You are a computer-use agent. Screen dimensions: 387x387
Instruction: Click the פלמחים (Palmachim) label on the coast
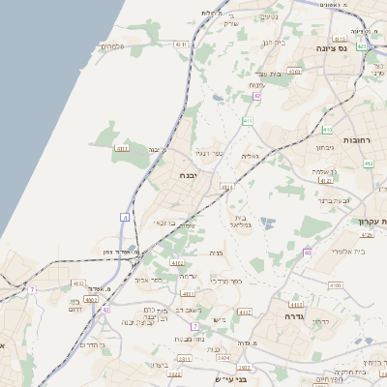(114, 46)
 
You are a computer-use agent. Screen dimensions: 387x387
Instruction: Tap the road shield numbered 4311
(181, 45)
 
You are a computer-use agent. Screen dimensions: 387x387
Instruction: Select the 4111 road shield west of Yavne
(123, 148)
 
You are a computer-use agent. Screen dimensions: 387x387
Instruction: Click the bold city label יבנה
(189, 174)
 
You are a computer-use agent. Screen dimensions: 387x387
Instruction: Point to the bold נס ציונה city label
(332, 46)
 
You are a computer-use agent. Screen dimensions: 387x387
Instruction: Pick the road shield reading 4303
(294, 71)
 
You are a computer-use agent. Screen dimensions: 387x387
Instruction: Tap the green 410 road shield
(249, 121)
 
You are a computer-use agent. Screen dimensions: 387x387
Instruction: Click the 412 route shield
(369, 164)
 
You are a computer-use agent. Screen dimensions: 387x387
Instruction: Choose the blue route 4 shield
(125, 217)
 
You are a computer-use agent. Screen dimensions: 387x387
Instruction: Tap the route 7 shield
(32, 289)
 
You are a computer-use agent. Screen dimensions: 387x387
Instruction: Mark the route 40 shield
(307, 252)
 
